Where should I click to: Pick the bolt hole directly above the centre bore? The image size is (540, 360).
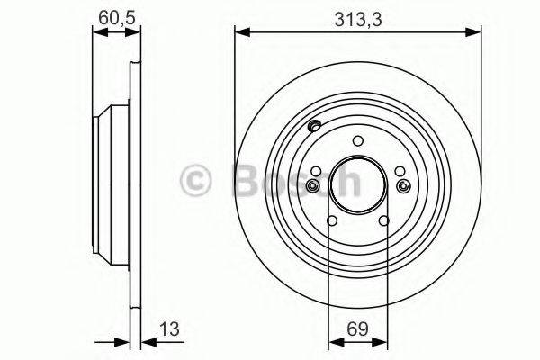coord(357,140)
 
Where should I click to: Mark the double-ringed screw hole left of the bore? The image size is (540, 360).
coord(312,185)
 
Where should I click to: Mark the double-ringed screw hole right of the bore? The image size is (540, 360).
coord(402,185)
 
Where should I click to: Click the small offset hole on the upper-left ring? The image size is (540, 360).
coord(314,126)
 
